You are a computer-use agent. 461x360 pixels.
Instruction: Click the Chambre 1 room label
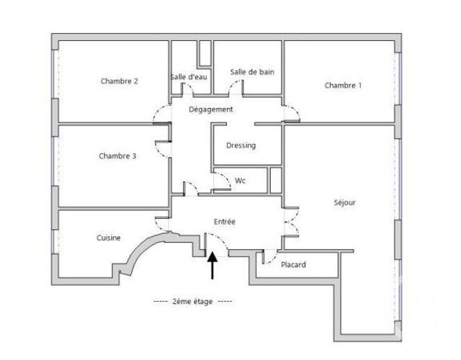[343, 86]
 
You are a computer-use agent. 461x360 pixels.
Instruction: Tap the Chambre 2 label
[120, 81]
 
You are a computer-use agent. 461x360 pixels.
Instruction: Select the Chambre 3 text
[117, 155]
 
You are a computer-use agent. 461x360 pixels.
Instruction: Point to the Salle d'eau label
[190, 78]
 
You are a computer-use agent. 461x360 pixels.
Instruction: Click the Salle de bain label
[247, 71]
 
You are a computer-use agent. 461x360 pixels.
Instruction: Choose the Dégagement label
[210, 109]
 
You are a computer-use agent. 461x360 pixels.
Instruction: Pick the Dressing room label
[241, 145]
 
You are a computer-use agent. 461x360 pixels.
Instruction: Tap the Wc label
[241, 181]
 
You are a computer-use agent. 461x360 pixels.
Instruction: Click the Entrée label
[225, 222]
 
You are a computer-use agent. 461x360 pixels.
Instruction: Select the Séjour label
[345, 203]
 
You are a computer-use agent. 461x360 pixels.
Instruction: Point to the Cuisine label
[108, 238]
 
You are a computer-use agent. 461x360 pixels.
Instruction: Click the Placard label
[293, 265]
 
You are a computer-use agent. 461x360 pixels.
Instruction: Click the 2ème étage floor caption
[192, 301]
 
